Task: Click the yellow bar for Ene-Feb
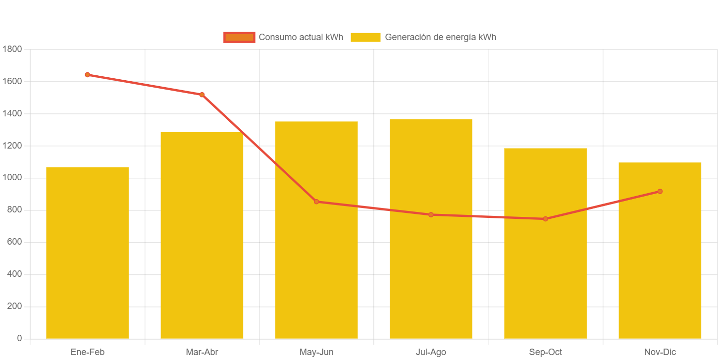87,253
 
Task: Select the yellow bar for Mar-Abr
202,235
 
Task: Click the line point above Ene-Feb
87,75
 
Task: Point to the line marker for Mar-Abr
202,95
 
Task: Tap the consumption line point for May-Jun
316,202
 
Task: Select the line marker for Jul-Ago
431,214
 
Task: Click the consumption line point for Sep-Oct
545,219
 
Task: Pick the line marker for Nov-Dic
660,191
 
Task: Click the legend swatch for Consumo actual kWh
239,37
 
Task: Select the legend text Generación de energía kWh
440,37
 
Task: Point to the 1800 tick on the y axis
12,49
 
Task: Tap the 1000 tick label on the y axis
12,177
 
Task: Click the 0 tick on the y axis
19,338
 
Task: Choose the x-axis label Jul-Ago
431,352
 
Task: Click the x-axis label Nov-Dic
660,352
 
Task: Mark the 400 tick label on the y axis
14,274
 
